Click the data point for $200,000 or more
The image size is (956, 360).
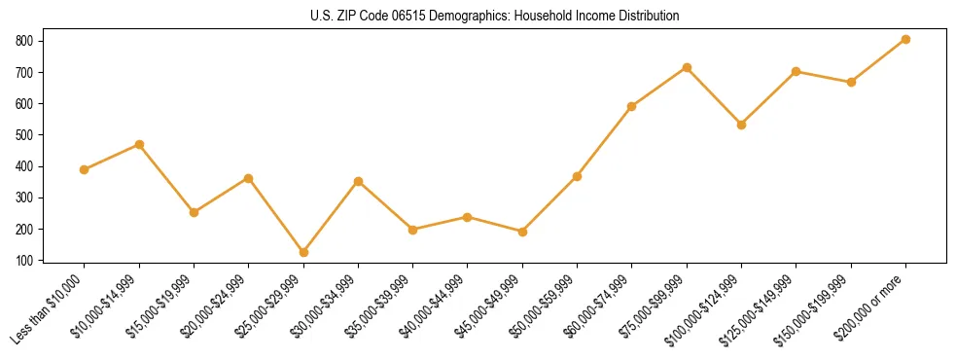click(905, 39)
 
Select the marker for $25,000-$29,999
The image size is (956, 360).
click(303, 252)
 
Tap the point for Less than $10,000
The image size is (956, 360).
click(84, 169)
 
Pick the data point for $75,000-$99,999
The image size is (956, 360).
click(687, 67)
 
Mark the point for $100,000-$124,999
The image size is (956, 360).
click(741, 125)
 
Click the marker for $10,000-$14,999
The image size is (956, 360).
click(139, 144)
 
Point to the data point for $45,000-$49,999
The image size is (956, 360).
click(522, 232)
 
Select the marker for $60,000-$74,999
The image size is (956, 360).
click(632, 106)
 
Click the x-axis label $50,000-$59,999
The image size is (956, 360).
click(547, 306)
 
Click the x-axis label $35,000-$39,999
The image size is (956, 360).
click(382, 306)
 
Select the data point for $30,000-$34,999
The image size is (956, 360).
click(358, 181)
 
